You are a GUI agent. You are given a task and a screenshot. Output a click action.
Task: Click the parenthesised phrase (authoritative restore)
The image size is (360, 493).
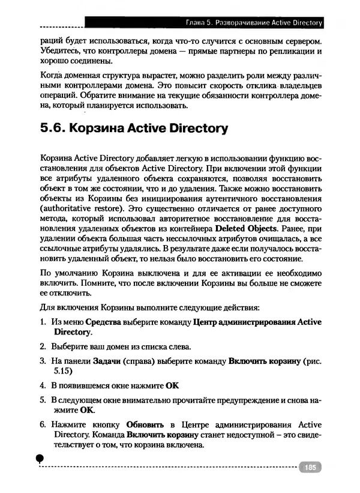81,208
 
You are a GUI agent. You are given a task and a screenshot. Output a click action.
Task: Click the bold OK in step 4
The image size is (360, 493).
173,384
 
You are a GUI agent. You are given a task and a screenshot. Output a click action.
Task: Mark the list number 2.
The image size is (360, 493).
43,347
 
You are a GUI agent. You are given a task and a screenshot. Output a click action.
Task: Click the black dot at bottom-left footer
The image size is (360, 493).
40,458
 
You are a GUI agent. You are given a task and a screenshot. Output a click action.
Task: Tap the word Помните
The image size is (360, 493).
95,283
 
